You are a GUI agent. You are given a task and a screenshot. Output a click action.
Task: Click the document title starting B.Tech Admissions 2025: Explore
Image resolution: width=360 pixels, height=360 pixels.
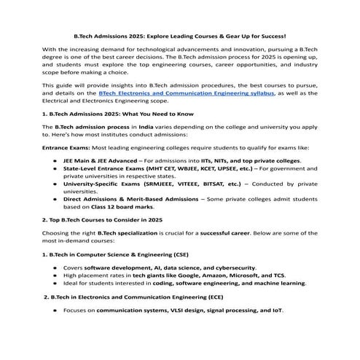[180, 34]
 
